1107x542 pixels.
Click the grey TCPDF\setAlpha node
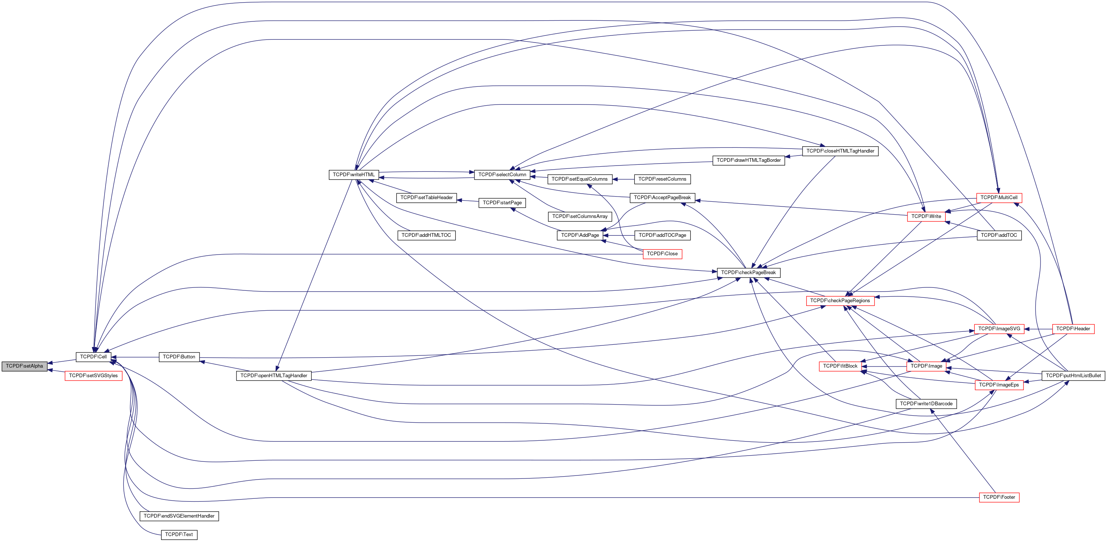tap(24, 366)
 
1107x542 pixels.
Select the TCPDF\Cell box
tap(93, 357)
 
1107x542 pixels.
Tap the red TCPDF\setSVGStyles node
tap(93, 376)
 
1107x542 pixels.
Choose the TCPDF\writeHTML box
tap(354, 174)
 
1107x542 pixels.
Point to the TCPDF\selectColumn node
tap(502, 174)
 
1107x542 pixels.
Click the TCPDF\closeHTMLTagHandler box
tap(840, 151)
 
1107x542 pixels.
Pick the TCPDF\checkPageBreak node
tap(748, 273)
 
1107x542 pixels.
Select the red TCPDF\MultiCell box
tap(999, 198)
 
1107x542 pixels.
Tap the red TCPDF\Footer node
tap(999, 497)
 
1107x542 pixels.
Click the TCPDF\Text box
tap(179, 535)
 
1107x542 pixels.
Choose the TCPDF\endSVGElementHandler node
tap(179, 516)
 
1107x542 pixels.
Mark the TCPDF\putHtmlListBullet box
tap(1073, 376)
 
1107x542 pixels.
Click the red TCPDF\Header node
tap(1073, 329)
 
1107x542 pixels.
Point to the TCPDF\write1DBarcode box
tap(926, 403)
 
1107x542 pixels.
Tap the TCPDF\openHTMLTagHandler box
tap(274, 376)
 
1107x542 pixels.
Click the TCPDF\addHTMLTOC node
tap(426, 235)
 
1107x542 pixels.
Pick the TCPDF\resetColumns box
tap(662, 179)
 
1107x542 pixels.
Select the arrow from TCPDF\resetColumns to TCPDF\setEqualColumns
tap(623, 179)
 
